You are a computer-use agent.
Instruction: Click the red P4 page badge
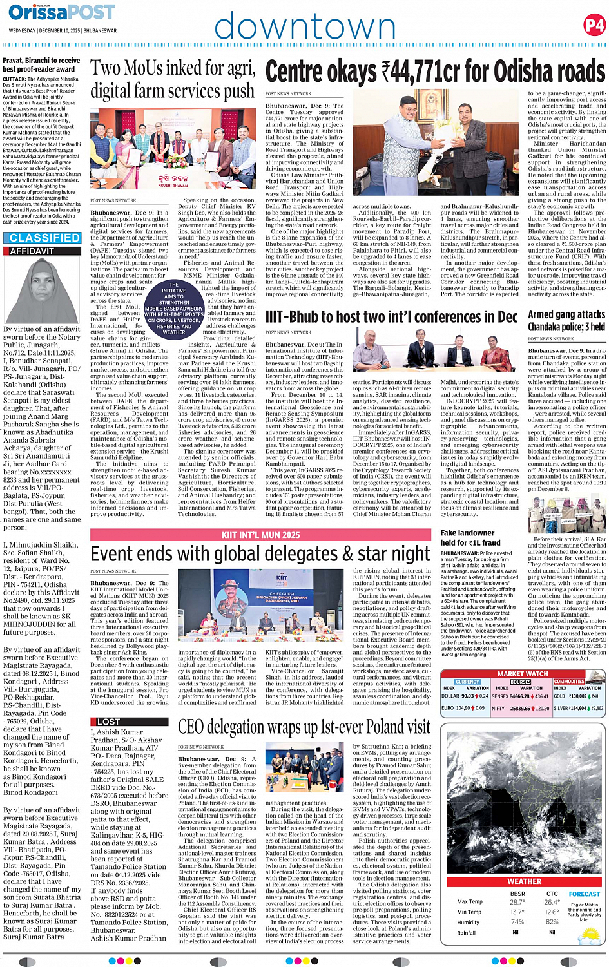coord(594,25)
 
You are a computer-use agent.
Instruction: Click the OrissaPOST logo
coord(63,12)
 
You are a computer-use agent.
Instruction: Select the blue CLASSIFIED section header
coord(44,238)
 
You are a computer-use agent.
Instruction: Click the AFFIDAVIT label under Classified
coord(33,251)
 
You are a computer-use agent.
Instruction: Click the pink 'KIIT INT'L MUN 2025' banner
coord(260,535)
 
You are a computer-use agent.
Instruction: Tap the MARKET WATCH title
coord(523,674)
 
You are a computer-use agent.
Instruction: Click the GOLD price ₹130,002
coord(577,696)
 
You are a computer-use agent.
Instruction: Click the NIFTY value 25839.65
coord(520,708)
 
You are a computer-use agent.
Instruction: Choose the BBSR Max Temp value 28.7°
coord(517,902)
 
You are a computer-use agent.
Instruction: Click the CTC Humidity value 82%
coord(552,922)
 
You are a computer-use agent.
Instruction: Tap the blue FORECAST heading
coord(584,894)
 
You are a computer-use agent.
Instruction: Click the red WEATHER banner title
coord(524,881)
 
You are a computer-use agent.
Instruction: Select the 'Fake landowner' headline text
coord(467,533)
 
